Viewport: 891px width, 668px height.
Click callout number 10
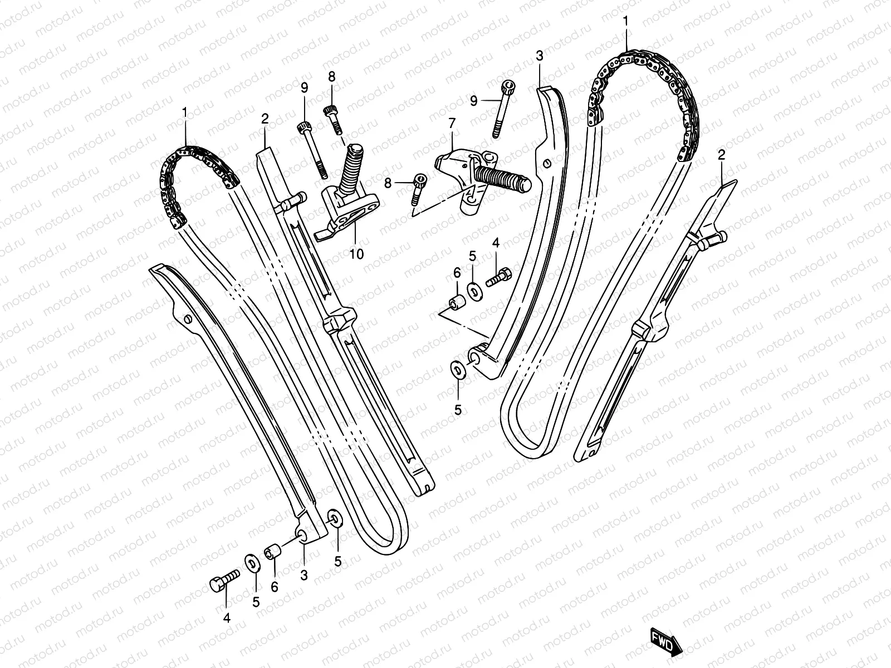coord(356,254)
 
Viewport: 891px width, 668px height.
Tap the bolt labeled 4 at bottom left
coord(223,581)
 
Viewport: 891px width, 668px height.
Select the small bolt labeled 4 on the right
coord(497,277)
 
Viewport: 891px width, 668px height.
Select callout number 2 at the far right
coord(721,156)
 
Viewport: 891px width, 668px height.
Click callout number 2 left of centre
coord(265,118)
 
